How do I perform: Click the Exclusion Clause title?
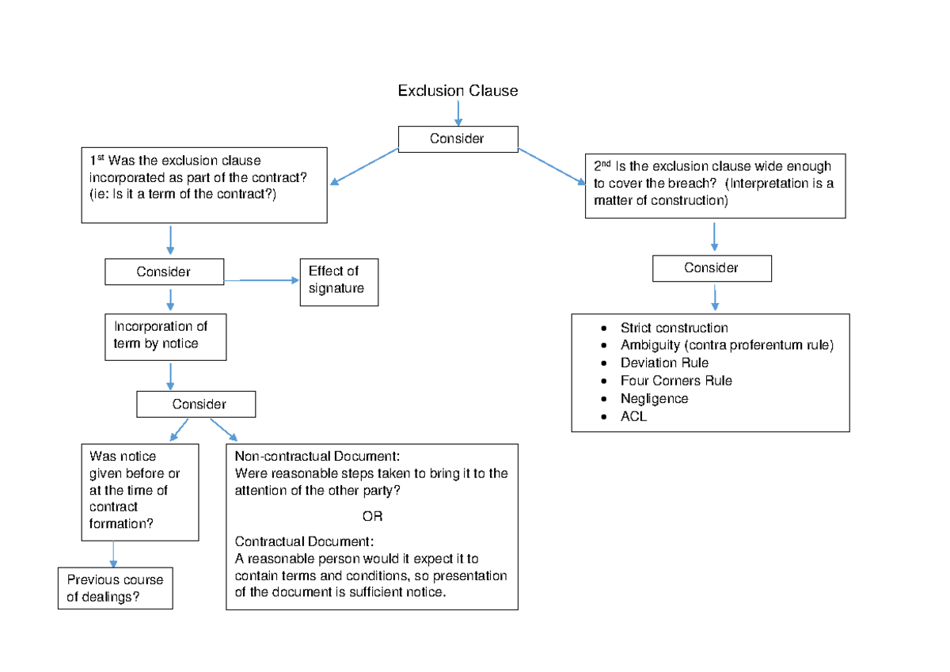(x=458, y=91)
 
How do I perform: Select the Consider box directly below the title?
(x=458, y=139)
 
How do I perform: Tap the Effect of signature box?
(x=338, y=281)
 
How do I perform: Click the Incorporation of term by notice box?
(x=165, y=336)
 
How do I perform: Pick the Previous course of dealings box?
(x=116, y=588)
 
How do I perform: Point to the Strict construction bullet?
(x=674, y=328)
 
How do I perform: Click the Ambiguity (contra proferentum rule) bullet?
(x=727, y=345)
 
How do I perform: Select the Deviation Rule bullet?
(x=664, y=363)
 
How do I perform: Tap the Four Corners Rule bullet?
(x=676, y=381)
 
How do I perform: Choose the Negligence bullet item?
(x=654, y=398)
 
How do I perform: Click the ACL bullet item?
(x=633, y=416)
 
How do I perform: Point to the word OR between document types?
(x=372, y=517)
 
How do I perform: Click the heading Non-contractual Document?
(x=317, y=457)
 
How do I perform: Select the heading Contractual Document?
(x=304, y=542)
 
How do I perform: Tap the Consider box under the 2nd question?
(x=712, y=268)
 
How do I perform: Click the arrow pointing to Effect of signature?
(x=261, y=280)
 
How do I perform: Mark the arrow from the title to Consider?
(x=458, y=113)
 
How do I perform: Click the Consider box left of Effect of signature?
(x=164, y=271)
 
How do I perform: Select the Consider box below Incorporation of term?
(x=196, y=404)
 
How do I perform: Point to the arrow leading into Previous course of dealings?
(x=114, y=554)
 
